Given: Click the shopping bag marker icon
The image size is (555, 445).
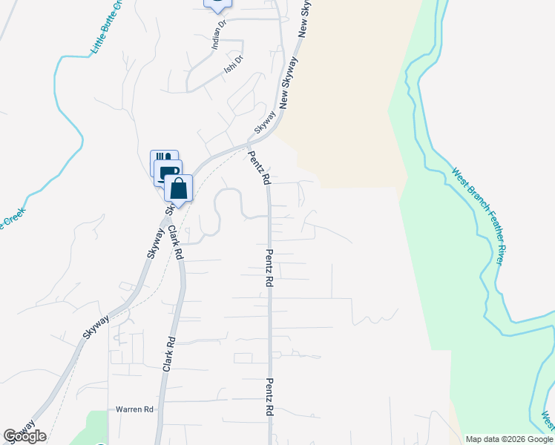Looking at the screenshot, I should pyautogui.click(x=179, y=188).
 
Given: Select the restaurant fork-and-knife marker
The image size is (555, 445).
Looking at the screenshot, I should pyautogui.click(x=163, y=159).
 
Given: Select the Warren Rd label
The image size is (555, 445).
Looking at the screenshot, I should pyautogui.click(x=134, y=409).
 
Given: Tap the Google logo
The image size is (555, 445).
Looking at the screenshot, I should pyautogui.click(x=24, y=436).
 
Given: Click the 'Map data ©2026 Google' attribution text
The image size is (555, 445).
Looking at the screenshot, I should pyautogui.click(x=509, y=439).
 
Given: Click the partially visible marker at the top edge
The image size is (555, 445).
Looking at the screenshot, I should pyautogui.click(x=217, y=4).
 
